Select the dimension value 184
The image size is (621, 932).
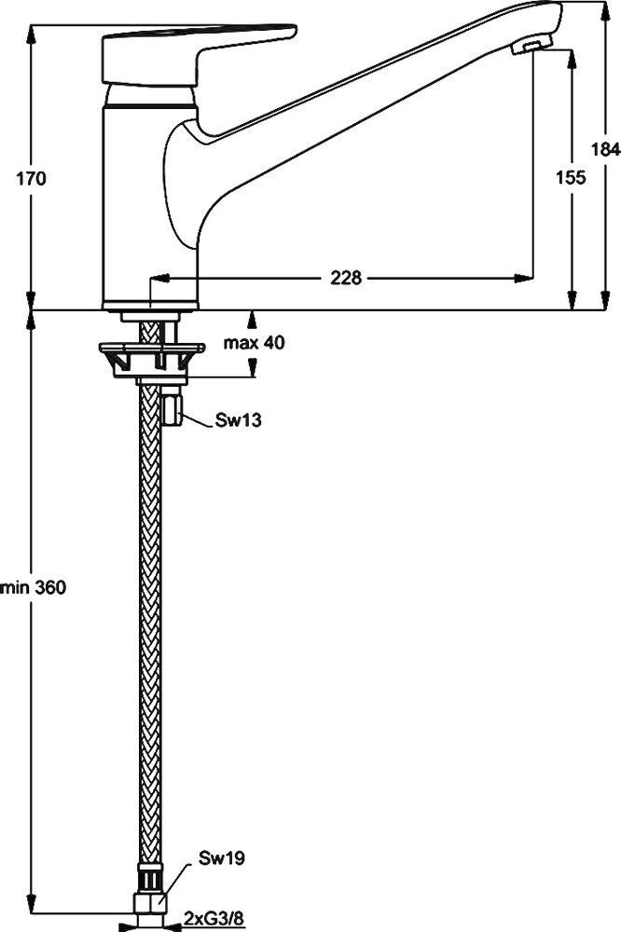point(605,148)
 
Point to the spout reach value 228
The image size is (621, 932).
point(344,277)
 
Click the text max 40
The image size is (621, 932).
point(254,342)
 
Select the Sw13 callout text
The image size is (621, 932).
point(239,420)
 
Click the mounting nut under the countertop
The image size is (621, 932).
point(150,357)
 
